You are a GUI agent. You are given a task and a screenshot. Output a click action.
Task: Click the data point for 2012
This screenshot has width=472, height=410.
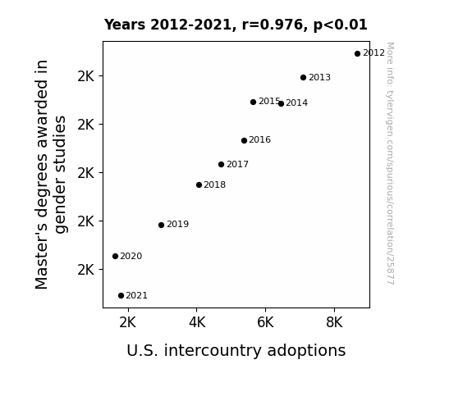[357, 54]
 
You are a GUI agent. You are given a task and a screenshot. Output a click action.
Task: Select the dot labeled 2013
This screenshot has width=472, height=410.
[303, 78]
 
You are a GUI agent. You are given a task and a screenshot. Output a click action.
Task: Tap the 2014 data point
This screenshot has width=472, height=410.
[281, 104]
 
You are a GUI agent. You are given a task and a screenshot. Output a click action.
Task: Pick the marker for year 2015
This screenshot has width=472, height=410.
[253, 102]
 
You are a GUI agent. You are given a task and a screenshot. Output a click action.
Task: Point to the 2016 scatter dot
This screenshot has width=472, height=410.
[244, 140]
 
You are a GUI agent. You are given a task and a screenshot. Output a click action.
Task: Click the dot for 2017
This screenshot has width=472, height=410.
[222, 165]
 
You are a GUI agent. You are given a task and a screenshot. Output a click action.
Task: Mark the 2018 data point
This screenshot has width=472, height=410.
[199, 185]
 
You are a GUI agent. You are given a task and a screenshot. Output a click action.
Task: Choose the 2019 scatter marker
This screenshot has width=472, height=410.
[162, 225]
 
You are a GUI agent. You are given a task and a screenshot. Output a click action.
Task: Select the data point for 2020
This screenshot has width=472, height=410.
[115, 257]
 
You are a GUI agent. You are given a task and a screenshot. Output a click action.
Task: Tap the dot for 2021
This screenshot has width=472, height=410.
[121, 296]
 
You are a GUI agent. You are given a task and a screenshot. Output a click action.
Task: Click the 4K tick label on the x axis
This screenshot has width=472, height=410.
[197, 322]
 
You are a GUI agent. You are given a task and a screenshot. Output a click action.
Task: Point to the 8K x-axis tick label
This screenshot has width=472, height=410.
[334, 322]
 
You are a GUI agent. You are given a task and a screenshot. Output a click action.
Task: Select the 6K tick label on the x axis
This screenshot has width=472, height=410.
[265, 322]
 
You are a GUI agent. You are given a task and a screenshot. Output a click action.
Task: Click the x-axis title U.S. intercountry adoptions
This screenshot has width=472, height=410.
[236, 351]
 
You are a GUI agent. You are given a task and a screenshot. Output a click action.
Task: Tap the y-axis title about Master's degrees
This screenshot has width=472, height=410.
[51, 175]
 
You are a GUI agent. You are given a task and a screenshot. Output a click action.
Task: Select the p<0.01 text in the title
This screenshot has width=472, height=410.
[341, 25]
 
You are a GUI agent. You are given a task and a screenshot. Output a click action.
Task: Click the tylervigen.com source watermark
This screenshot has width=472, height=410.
[390, 164]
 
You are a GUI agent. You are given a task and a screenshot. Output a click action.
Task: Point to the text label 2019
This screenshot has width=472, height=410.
[177, 225]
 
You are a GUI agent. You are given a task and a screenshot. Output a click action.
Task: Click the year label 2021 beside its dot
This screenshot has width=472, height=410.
[136, 296]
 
